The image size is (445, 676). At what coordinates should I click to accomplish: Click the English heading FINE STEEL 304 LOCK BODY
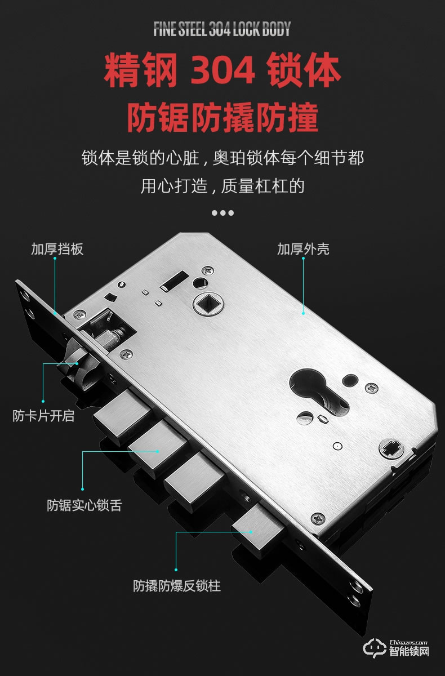point(222,29)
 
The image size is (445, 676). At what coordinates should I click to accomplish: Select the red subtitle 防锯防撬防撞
point(222,117)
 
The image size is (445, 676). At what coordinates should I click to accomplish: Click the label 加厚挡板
point(57,248)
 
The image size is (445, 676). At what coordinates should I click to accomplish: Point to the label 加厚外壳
point(303,248)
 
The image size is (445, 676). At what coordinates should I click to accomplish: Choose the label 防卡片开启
point(43,417)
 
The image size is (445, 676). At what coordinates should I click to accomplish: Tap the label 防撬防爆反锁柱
point(176,586)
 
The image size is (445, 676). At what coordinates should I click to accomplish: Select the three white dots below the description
point(222,213)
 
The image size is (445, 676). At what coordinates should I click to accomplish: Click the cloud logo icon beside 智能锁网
point(373,647)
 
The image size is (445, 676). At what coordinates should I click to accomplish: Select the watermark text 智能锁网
point(409,652)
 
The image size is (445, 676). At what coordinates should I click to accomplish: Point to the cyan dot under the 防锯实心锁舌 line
point(83,488)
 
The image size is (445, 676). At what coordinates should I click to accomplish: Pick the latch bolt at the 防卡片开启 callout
point(78,366)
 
